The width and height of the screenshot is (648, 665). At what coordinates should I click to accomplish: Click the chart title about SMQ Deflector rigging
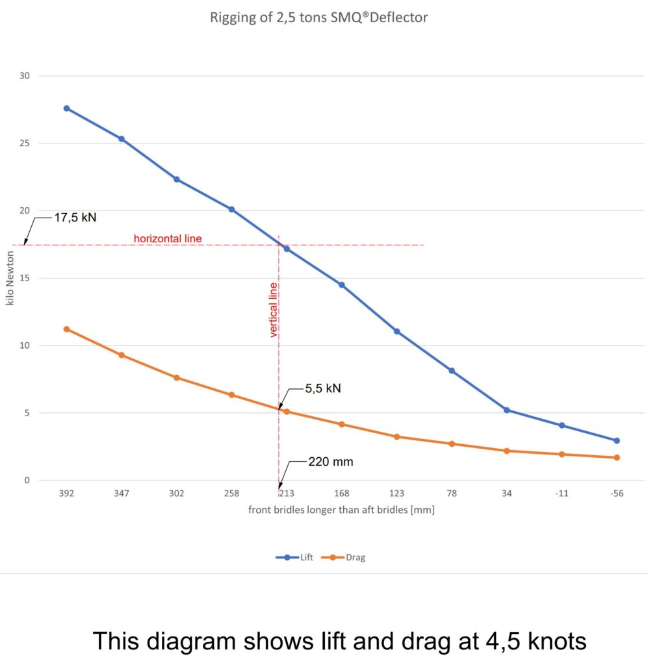[x=318, y=18]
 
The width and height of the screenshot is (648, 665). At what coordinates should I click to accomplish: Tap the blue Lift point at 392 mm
[x=66, y=108]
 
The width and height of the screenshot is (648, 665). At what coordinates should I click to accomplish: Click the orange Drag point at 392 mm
[x=66, y=329]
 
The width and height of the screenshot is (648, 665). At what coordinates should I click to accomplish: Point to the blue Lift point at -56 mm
[x=616, y=440]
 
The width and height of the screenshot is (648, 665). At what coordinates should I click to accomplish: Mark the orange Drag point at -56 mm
[x=616, y=458]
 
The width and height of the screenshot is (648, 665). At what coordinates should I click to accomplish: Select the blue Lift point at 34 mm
[x=506, y=410]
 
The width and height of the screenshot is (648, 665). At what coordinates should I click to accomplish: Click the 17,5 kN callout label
[x=75, y=218]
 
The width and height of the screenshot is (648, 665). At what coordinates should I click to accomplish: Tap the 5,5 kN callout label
[x=323, y=389]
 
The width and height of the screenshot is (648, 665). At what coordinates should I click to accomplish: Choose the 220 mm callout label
[x=331, y=462]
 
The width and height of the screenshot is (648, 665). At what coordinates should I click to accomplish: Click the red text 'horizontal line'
[x=168, y=238]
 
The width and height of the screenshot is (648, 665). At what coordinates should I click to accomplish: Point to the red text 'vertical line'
[x=274, y=310]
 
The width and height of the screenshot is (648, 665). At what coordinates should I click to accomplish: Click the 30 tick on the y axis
[x=25, y=76]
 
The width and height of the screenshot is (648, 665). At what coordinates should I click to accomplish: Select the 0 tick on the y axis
[x=27, y=481]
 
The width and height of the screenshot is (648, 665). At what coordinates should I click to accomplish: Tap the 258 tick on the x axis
[x=231, y=494]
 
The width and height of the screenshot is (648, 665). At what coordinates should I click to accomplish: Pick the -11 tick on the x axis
[x=562, y=494]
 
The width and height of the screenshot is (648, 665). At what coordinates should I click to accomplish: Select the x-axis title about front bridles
[x=341, y=510]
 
